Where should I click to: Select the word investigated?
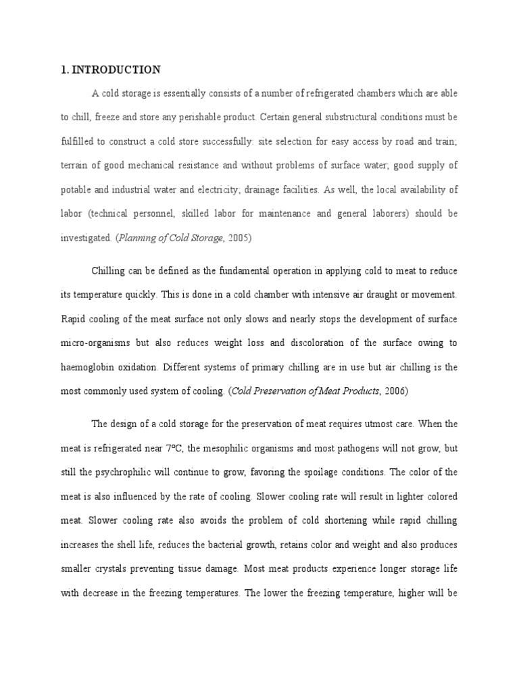tap(85, 238)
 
